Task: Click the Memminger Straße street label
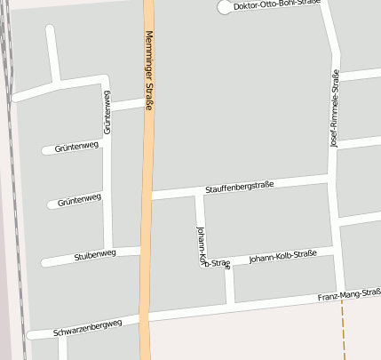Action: (148, 70)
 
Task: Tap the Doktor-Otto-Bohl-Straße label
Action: (275, 6)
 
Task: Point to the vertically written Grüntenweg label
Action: (107, 112)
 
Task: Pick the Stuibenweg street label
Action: (96, 254)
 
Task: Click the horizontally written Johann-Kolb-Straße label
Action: (282, 258)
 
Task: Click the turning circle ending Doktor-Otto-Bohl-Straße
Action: (222, 8)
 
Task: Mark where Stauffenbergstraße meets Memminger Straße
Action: (148, 195)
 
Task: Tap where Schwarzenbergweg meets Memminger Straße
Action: (146, 318)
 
